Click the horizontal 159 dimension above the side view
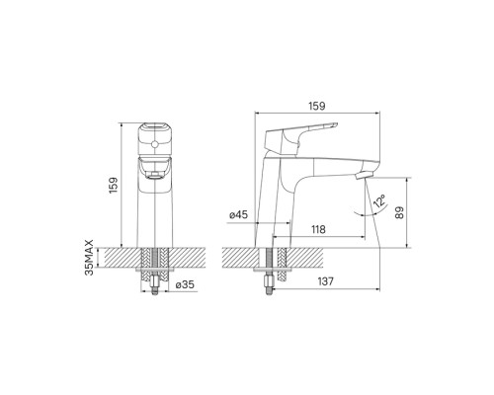pyautogui.click(x=317, y=106)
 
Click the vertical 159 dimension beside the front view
pyautogui.click(x=114, y=186)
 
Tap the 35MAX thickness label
pyautogui.click(x=89, y=258)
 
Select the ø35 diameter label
pyautogui.click(x=185, y=284)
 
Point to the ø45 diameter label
pyautogui.click(x=238, y=214)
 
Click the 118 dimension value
pyautogui.click(x=318, y=229)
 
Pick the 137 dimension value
pyautogui.click(x=325, y=281)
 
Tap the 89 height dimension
pyautogui.click(x=399, y=212)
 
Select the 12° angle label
pyautogui.click(x=379, y=200)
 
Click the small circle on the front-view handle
pyautogui.click(x=154, y=144)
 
